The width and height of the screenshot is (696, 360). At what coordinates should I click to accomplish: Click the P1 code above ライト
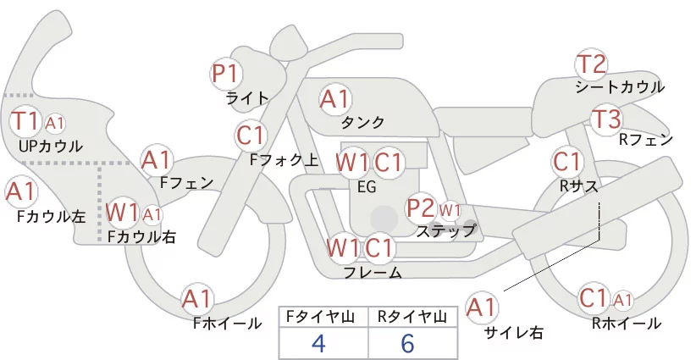click(x=226, y=74)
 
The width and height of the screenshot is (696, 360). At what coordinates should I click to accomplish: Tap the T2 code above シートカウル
click(x=592, y=64)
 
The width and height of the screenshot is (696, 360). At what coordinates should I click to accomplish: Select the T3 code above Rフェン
click(x=606, y=119)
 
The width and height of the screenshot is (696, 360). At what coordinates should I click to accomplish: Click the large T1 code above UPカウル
click(x=25, y=121)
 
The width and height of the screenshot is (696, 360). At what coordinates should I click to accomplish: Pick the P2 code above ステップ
click(x=421, y=208)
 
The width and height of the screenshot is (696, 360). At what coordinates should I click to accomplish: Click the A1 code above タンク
click(x=335, y=99)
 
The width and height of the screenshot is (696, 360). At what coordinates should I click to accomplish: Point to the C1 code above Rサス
click(x=566, y=161)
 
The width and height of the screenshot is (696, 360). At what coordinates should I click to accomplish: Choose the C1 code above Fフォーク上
click(x=251, y=135)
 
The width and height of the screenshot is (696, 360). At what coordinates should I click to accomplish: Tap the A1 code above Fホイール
click(x=197, y=299)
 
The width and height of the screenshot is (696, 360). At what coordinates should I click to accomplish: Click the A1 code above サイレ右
click(x=483, y=307)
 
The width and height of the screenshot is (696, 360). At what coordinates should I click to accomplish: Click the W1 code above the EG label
click(x=352, y=162)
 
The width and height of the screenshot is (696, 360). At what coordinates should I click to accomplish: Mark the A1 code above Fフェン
click(x=157, y=159)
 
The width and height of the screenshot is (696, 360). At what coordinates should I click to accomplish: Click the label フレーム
click(x=373, y=272)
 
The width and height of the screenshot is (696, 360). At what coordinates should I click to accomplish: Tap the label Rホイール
click(x=627, y=323)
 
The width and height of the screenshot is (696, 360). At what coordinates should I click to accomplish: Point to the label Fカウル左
click(x=52, y=216)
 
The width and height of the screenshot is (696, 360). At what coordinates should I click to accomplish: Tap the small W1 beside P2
click(x=450, y=209)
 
